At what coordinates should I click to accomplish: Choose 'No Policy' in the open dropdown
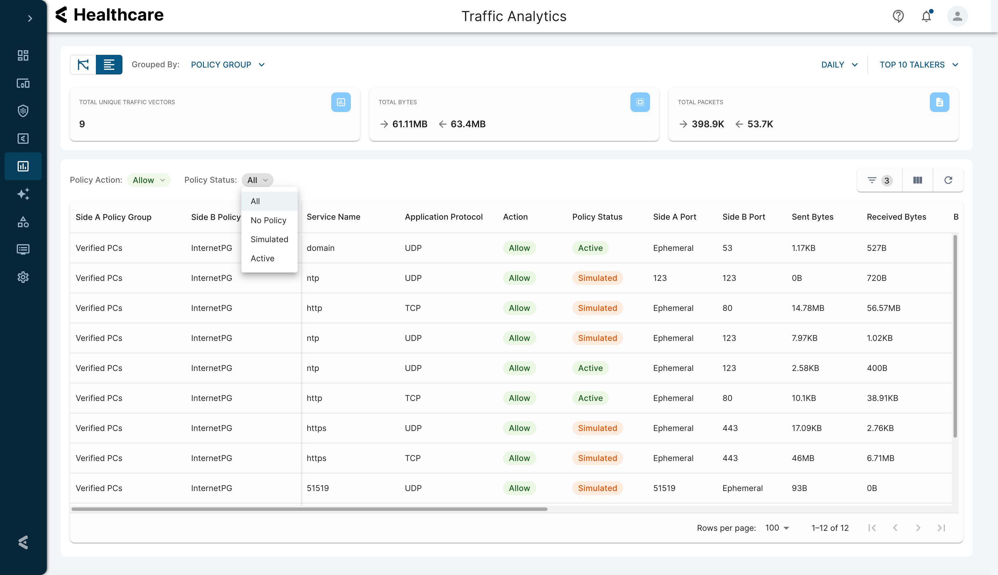[269, 220]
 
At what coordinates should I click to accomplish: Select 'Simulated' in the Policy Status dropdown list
[269, 239]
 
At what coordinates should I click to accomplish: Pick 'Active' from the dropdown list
[262, 258]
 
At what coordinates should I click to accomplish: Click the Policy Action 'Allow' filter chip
[148, 180]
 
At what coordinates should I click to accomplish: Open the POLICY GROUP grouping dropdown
[228, 65]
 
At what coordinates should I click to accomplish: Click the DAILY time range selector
[839, 65]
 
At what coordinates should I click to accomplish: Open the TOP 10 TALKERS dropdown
[919, 65]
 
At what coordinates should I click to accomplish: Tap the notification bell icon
[926, 16]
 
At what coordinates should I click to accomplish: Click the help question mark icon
[898, 16]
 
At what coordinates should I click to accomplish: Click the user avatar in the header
[957, 16]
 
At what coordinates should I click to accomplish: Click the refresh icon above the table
[948, 180]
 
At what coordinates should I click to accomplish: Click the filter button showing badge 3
[880, 180]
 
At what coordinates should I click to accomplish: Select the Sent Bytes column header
[812, 217]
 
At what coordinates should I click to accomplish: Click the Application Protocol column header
[444, 217]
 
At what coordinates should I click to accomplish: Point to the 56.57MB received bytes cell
[883, 308]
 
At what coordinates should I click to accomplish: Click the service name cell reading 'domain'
[321, 248]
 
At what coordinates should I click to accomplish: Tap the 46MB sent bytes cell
[803, 458]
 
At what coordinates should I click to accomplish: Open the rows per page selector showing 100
[777, 528]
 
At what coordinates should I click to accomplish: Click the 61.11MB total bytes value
[410, 124]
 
